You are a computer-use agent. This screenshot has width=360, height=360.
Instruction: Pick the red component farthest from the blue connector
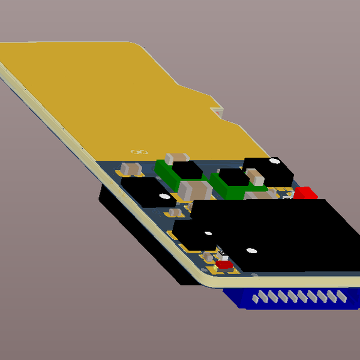click(305, 193)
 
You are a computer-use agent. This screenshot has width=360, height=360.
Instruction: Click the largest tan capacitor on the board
click(195, 191)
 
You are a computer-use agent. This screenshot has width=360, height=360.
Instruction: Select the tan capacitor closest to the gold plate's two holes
click(131, 167)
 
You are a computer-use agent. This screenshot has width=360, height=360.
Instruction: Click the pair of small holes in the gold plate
click(139, 152)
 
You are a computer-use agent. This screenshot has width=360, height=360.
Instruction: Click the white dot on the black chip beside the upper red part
click(274, 161)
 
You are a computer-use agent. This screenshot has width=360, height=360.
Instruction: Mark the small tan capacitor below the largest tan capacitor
click(175, 212)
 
